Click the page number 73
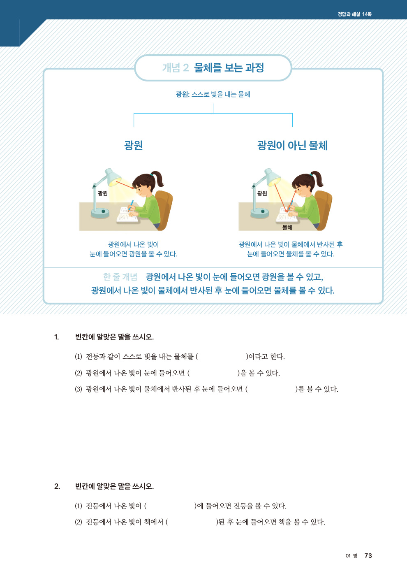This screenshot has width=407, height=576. [x=368, y=556]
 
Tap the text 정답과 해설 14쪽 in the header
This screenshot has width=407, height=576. [x=354, y=14]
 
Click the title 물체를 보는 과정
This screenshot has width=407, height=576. [x=229, y=67]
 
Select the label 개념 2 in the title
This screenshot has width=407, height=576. [x=176, y=68]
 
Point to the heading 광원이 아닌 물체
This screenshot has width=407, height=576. [x=292, y=146]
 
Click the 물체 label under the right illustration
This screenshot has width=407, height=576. [x=287, y=227]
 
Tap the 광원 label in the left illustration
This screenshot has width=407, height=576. [x=102, y=193]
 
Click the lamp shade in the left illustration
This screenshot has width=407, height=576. [x=112, y=177]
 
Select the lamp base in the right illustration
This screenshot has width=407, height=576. [x=260, y=213]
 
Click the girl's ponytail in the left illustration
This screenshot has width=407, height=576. [x=158, y=178]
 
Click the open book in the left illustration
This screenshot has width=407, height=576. [x=127, y=215]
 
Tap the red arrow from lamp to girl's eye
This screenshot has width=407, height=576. [x=125, y=185]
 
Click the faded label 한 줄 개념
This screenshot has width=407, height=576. [x=120, y=277]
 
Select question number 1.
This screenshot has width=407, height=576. [x=57, y=337]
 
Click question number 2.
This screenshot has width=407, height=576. [x=57, y=486]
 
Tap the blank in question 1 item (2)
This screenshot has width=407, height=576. [x=213, y=373]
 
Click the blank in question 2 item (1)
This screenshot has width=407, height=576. [x=170, y=506]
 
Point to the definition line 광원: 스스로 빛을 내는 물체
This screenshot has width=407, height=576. [x=213, y=94]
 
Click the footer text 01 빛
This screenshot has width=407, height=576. [x=351, y=556]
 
